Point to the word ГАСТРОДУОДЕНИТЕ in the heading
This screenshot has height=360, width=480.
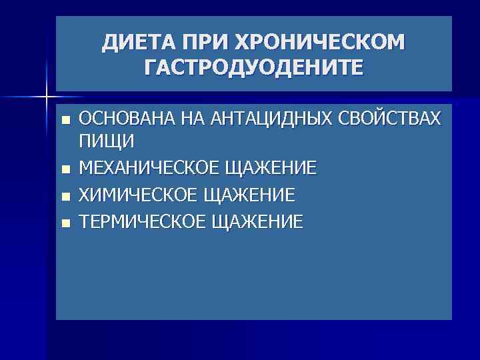point(253,67)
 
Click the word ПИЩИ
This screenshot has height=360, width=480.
point(107,141)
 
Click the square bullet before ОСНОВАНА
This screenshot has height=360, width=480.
point(64,120)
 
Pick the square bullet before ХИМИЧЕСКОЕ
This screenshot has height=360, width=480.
point(64,196)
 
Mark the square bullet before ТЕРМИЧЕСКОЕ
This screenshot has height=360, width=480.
point(64,223)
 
